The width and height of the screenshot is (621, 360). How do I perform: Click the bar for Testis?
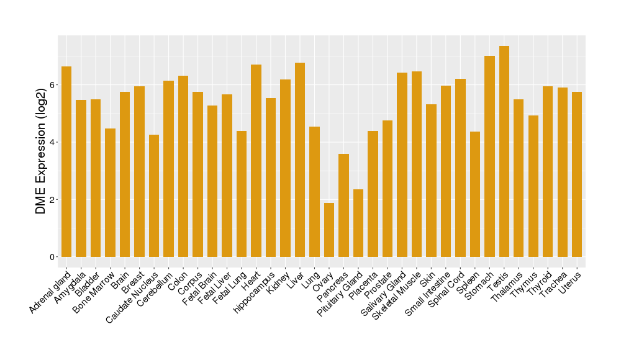point(504,151)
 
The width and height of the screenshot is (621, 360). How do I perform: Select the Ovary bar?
point(329,230)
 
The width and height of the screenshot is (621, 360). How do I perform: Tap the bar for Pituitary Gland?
point(358,223)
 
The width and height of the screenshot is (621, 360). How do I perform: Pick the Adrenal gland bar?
point(66,161)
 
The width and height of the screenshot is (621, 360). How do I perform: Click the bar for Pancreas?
point(343,205)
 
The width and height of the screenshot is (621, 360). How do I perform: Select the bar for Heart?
point(256,161)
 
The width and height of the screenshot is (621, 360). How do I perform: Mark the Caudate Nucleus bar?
point(154,196)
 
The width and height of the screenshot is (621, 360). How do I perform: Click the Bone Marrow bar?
point(110,192)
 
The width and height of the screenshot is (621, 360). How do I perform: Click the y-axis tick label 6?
point(53,85)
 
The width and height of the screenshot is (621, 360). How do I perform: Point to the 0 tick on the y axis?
point(53,257)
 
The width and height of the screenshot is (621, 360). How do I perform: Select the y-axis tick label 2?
point(53,200)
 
